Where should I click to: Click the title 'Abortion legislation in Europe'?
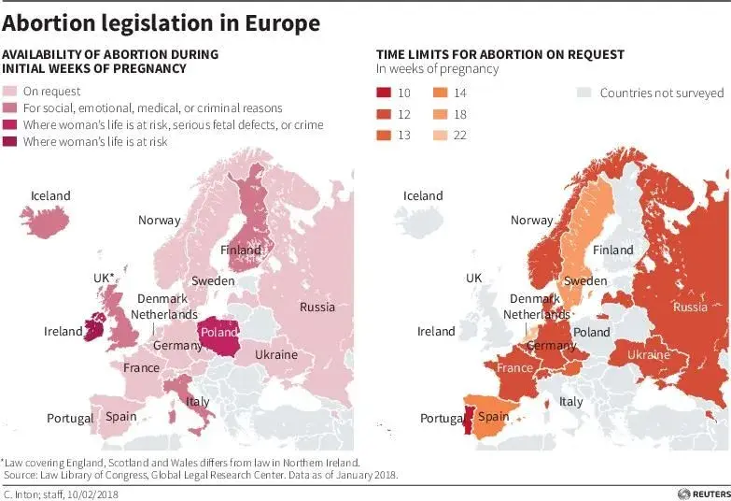click(161, 22)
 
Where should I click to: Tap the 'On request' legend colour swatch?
click(10, 92)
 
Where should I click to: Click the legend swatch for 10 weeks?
click(384, 93)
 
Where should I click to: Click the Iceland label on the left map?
click(50, 195)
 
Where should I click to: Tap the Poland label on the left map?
click(219, 332)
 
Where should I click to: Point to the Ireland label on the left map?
click(63, 331)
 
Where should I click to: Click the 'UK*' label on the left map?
click(104, 278)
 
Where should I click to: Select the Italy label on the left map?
click(197, 401)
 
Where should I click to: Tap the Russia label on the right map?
click(690, 307)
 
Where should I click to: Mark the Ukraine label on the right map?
click(648, 354)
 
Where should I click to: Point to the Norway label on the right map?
click(531, 220)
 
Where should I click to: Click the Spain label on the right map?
click(494, 417)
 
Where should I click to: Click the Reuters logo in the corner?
click(703, 493)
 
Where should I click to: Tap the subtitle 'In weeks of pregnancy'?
click(437, 68)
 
